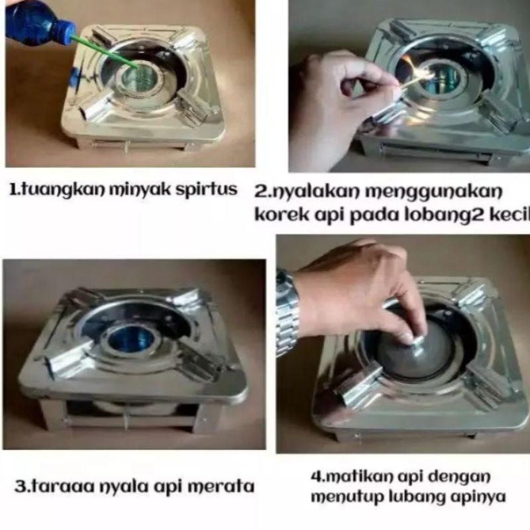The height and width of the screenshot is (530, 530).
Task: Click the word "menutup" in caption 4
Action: tap(343, 497)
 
